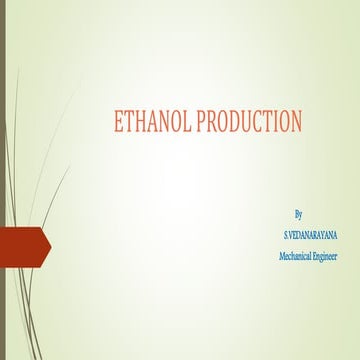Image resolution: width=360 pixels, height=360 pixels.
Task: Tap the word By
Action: point(299,214)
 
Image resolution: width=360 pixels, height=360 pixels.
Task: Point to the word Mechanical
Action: point(295,257)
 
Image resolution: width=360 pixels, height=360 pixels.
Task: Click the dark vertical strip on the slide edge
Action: point(3,180)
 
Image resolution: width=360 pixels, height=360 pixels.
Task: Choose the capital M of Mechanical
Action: point(281,257)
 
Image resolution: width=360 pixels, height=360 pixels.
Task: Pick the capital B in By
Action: point(297,214)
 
